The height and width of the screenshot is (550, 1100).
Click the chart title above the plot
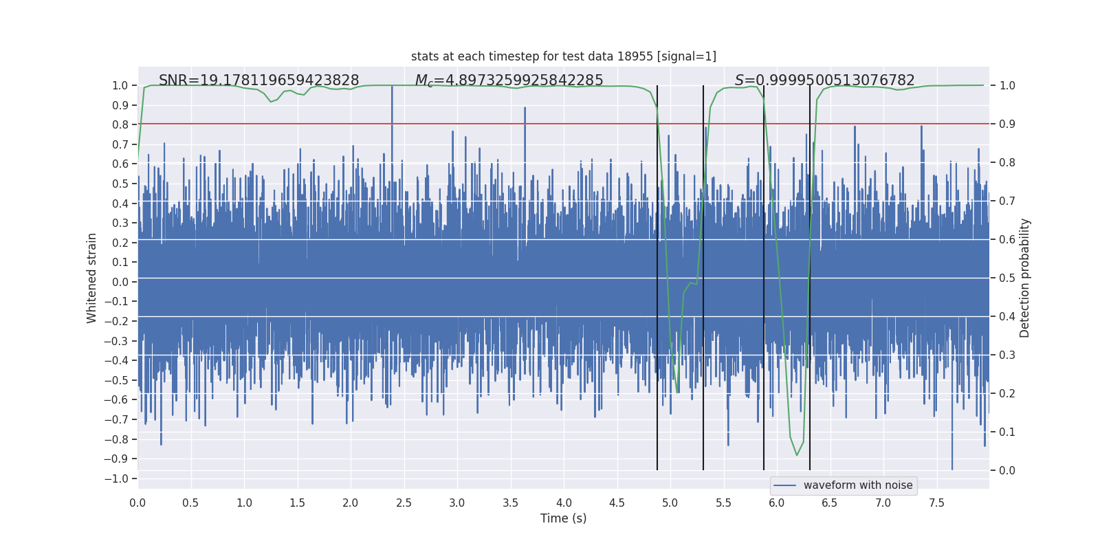coord(563,56)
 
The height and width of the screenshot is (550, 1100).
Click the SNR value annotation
coord(258,80)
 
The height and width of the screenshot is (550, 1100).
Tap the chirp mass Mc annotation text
coord(509,80)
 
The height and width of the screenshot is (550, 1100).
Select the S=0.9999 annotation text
coord(824,80)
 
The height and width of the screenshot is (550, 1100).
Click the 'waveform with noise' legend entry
coord(857,485)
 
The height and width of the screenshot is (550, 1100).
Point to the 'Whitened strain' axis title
coord(92,278)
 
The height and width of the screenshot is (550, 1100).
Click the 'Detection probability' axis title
coord(1025,278)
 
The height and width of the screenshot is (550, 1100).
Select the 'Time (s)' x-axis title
coord(563,518)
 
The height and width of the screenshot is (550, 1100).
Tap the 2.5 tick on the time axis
coord(404,503)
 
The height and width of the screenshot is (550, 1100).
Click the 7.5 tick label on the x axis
coord(936,503)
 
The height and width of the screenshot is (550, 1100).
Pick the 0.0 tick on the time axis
coord(137,503)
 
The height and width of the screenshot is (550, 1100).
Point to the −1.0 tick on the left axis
coord(120,478)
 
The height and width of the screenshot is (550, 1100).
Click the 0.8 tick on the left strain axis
coord(120,124)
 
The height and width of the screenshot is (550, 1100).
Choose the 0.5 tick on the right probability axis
coord(1007,278)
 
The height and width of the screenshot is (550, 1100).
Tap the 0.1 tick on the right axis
coord(1007,432)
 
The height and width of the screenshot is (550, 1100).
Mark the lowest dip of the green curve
coord(797,454)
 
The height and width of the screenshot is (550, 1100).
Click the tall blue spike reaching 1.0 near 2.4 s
coord(392,88)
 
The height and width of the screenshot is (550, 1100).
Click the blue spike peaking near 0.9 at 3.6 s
coord(525,109)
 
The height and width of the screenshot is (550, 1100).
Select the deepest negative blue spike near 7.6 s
coord(952,467)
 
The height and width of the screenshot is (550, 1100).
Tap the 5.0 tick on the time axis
coord(670,503)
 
